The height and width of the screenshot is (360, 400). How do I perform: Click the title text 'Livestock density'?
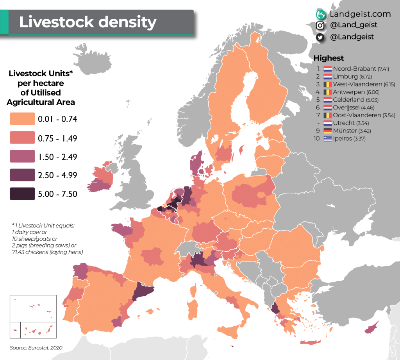coord(87,22)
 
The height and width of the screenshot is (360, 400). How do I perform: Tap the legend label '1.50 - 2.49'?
coord(58,157)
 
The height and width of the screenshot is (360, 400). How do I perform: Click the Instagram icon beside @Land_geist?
coord(320,25)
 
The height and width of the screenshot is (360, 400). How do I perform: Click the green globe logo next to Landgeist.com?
coord(320,14)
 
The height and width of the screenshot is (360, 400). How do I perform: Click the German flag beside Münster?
coord(327,131)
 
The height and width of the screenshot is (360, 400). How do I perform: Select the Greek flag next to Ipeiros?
coord(327,138)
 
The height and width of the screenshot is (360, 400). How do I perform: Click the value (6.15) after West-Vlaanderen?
coord(375,84)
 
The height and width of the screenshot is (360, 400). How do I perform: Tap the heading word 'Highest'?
coord(329,58)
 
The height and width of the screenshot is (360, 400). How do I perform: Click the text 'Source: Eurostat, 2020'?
coord(36,347)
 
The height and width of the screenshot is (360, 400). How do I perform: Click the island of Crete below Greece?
coord(312,342)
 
